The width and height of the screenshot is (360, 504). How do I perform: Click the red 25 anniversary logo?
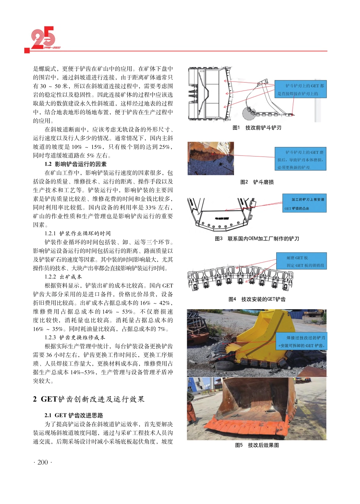43,38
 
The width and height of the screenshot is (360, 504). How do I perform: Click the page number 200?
43,462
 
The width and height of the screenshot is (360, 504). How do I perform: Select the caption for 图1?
257,128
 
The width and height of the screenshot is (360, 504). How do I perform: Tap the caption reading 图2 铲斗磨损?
257,182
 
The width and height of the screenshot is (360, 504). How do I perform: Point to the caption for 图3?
257,238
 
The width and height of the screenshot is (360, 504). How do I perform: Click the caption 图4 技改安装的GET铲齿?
257,299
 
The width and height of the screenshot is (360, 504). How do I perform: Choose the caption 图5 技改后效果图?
257,445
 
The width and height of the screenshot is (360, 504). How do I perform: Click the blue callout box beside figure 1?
301,89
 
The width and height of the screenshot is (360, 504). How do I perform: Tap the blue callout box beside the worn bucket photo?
301,159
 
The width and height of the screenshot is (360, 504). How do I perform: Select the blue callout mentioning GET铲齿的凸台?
304,203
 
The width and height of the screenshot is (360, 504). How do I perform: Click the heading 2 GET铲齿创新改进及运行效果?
89,399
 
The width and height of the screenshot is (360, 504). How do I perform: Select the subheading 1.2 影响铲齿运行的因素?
75,164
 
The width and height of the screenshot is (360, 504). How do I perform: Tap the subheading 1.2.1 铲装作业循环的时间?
78,233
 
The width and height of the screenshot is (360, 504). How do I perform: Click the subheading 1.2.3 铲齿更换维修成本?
75,337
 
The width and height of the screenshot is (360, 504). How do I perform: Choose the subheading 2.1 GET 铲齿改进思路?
74,415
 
